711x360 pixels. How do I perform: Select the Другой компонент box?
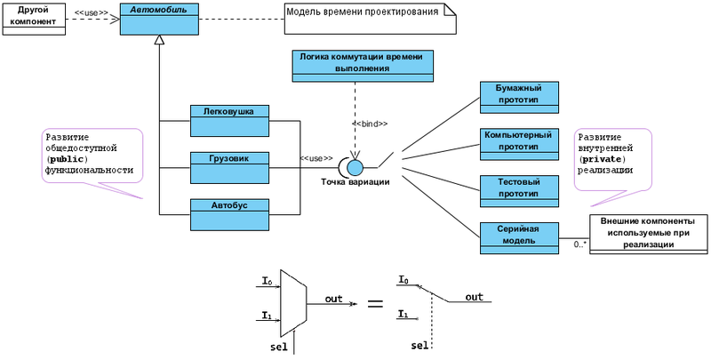[34, 18]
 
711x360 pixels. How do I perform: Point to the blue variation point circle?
[355, 166]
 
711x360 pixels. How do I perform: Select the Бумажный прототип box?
[518, 97]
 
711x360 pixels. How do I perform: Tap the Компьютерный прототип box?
[518, 144]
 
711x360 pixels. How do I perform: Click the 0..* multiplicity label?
[580, 244]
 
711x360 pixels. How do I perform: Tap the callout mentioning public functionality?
[92, 156]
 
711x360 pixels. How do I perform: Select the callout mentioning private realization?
[612, 158]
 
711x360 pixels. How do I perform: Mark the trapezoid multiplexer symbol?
[293, 302]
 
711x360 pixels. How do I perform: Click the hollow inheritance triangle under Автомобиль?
[159, 41]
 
